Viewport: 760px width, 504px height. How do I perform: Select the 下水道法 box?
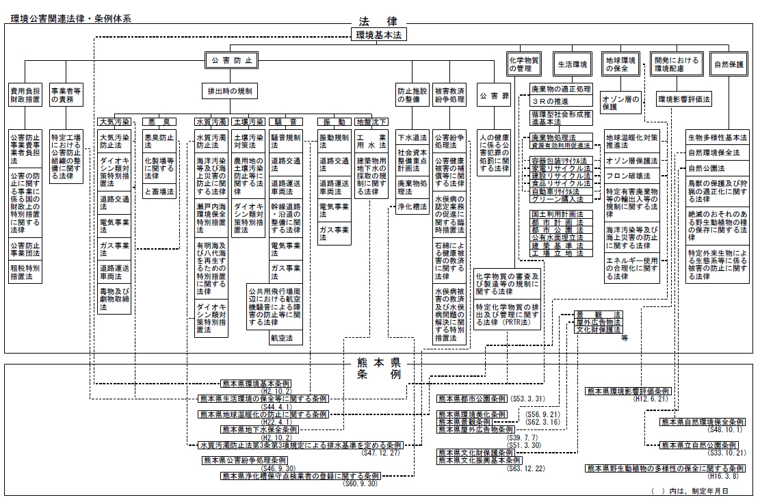click(x=412, y=137)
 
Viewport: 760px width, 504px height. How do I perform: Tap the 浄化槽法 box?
click(x=412, y=207)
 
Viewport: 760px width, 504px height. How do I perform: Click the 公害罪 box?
click(x=494, y=96)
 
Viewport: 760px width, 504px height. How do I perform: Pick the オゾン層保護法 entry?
click(x=631, y=161)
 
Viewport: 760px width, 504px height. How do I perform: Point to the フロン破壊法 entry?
click(x=628, y=176)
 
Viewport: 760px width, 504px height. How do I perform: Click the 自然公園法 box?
click(x=707, y=168)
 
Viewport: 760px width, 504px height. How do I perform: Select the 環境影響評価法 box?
click(x=683, y=100)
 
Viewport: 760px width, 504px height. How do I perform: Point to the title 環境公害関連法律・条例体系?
click(x=72, y=18)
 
